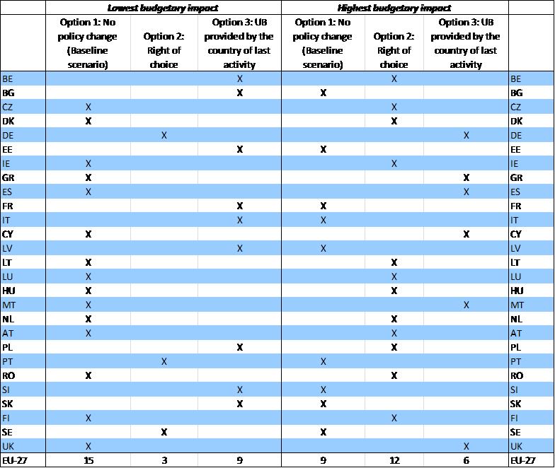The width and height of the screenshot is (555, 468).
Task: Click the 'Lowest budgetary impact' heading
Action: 164,8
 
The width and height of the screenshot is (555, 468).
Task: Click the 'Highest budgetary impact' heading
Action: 394,8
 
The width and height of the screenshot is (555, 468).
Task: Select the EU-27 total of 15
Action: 88,461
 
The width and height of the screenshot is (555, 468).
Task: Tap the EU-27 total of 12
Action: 394,461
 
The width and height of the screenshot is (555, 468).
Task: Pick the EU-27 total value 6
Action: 466,461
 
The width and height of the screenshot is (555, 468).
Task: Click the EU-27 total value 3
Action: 164,461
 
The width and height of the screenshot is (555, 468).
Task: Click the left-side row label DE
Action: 8,135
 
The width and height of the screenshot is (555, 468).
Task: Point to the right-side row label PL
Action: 516,347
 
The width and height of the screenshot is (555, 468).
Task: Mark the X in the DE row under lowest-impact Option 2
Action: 164,135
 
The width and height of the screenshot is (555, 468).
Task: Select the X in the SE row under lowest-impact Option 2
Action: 164,432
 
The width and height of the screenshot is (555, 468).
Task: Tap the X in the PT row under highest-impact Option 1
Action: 324,361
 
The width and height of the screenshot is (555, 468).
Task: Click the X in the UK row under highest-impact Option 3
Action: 466,446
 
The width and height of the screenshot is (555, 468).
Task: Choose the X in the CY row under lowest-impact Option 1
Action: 88,234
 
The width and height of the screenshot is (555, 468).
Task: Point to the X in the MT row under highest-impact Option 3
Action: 466,305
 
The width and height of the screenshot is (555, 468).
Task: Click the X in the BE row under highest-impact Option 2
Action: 394,78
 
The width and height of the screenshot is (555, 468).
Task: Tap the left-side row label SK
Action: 8,404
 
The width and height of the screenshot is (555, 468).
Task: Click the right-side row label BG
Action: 516,93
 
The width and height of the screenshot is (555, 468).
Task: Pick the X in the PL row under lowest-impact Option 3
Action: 240,347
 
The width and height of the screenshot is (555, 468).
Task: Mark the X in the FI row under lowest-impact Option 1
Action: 88,418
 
